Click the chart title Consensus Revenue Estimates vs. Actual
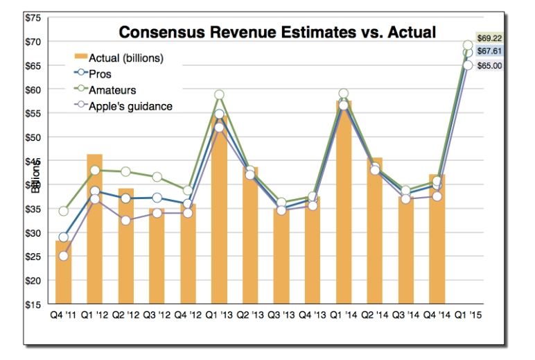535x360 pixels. point(277,32)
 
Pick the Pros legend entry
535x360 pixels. point(100,74)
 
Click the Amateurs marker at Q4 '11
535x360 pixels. point(63,211)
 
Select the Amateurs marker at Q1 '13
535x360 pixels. point(219,95)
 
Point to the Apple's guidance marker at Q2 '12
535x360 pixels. point(125,221)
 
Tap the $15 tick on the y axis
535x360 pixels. point(33,305)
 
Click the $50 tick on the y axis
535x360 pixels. point(33,137)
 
